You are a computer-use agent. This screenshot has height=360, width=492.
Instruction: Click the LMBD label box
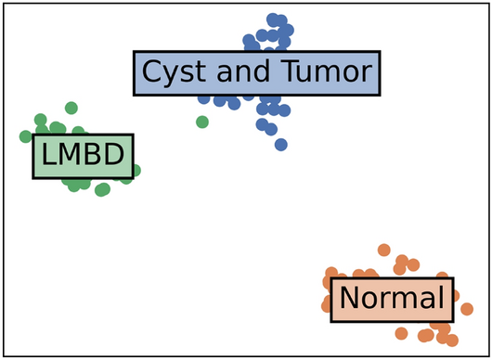(84, 156)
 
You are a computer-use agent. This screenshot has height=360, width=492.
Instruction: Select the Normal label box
(393, 299)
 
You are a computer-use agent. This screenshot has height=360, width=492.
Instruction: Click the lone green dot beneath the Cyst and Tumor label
(202, 122)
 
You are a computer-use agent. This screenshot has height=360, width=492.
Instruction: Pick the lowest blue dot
(281, 144)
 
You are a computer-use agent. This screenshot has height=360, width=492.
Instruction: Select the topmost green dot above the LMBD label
(71, 109)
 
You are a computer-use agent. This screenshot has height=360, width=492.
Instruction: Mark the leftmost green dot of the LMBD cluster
(26, 136)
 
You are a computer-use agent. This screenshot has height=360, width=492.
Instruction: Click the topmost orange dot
(383, 250)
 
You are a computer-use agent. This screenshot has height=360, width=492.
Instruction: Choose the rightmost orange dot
(466, 309)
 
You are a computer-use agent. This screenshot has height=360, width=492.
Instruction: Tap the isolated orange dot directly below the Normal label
(401, 333)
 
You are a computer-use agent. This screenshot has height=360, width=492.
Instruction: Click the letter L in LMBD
(48, 156)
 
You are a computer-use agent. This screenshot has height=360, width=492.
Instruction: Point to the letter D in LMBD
(114, 156)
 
